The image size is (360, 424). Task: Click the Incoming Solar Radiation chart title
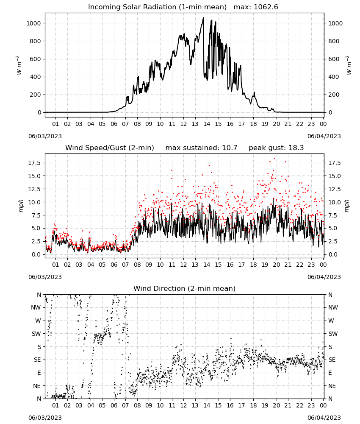157,7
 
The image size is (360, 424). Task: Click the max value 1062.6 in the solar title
266,7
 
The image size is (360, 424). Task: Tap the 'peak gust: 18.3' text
276,148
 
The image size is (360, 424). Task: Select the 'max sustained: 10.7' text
201,148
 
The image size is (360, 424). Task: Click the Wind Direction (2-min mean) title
185,288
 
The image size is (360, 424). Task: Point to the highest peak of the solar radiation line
204,17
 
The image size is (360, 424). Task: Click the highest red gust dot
274,159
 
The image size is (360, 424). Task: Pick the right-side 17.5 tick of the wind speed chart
334,163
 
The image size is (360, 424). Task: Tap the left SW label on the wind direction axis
36,334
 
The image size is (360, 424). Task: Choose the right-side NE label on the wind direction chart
332,386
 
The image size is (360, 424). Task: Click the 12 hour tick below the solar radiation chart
183,124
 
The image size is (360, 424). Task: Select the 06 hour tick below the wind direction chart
114,405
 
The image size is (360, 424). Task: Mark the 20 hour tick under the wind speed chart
276,265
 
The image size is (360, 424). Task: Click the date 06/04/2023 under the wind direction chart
324,418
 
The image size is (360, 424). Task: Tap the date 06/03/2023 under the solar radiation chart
45,136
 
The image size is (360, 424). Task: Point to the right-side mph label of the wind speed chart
346,206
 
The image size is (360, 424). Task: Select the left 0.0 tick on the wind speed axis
36,254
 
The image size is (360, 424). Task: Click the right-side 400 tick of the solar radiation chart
334,77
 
